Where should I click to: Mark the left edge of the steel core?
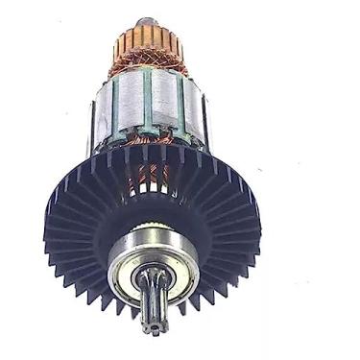(96, 110)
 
